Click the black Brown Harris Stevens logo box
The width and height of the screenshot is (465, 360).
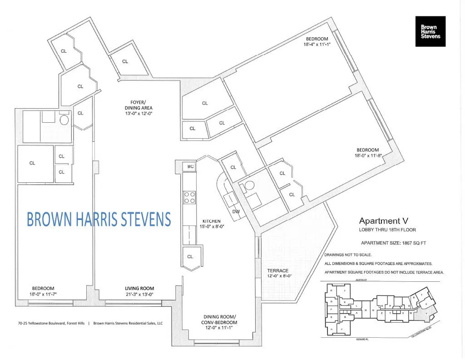[430, 31]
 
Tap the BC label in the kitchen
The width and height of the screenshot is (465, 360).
[191, 167]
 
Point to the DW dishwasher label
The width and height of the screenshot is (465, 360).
[236, 212]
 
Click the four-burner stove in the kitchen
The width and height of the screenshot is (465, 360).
[190, 197]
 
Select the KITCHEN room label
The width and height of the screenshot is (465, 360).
[211, 221]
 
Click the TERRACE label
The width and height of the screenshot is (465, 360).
[277, 270]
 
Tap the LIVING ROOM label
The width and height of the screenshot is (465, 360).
[139, 288]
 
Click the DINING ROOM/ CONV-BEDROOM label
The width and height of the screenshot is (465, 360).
[220, 320]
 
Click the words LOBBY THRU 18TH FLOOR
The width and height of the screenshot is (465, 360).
[384, 229]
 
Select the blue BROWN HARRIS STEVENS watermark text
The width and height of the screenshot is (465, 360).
[99, 219]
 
